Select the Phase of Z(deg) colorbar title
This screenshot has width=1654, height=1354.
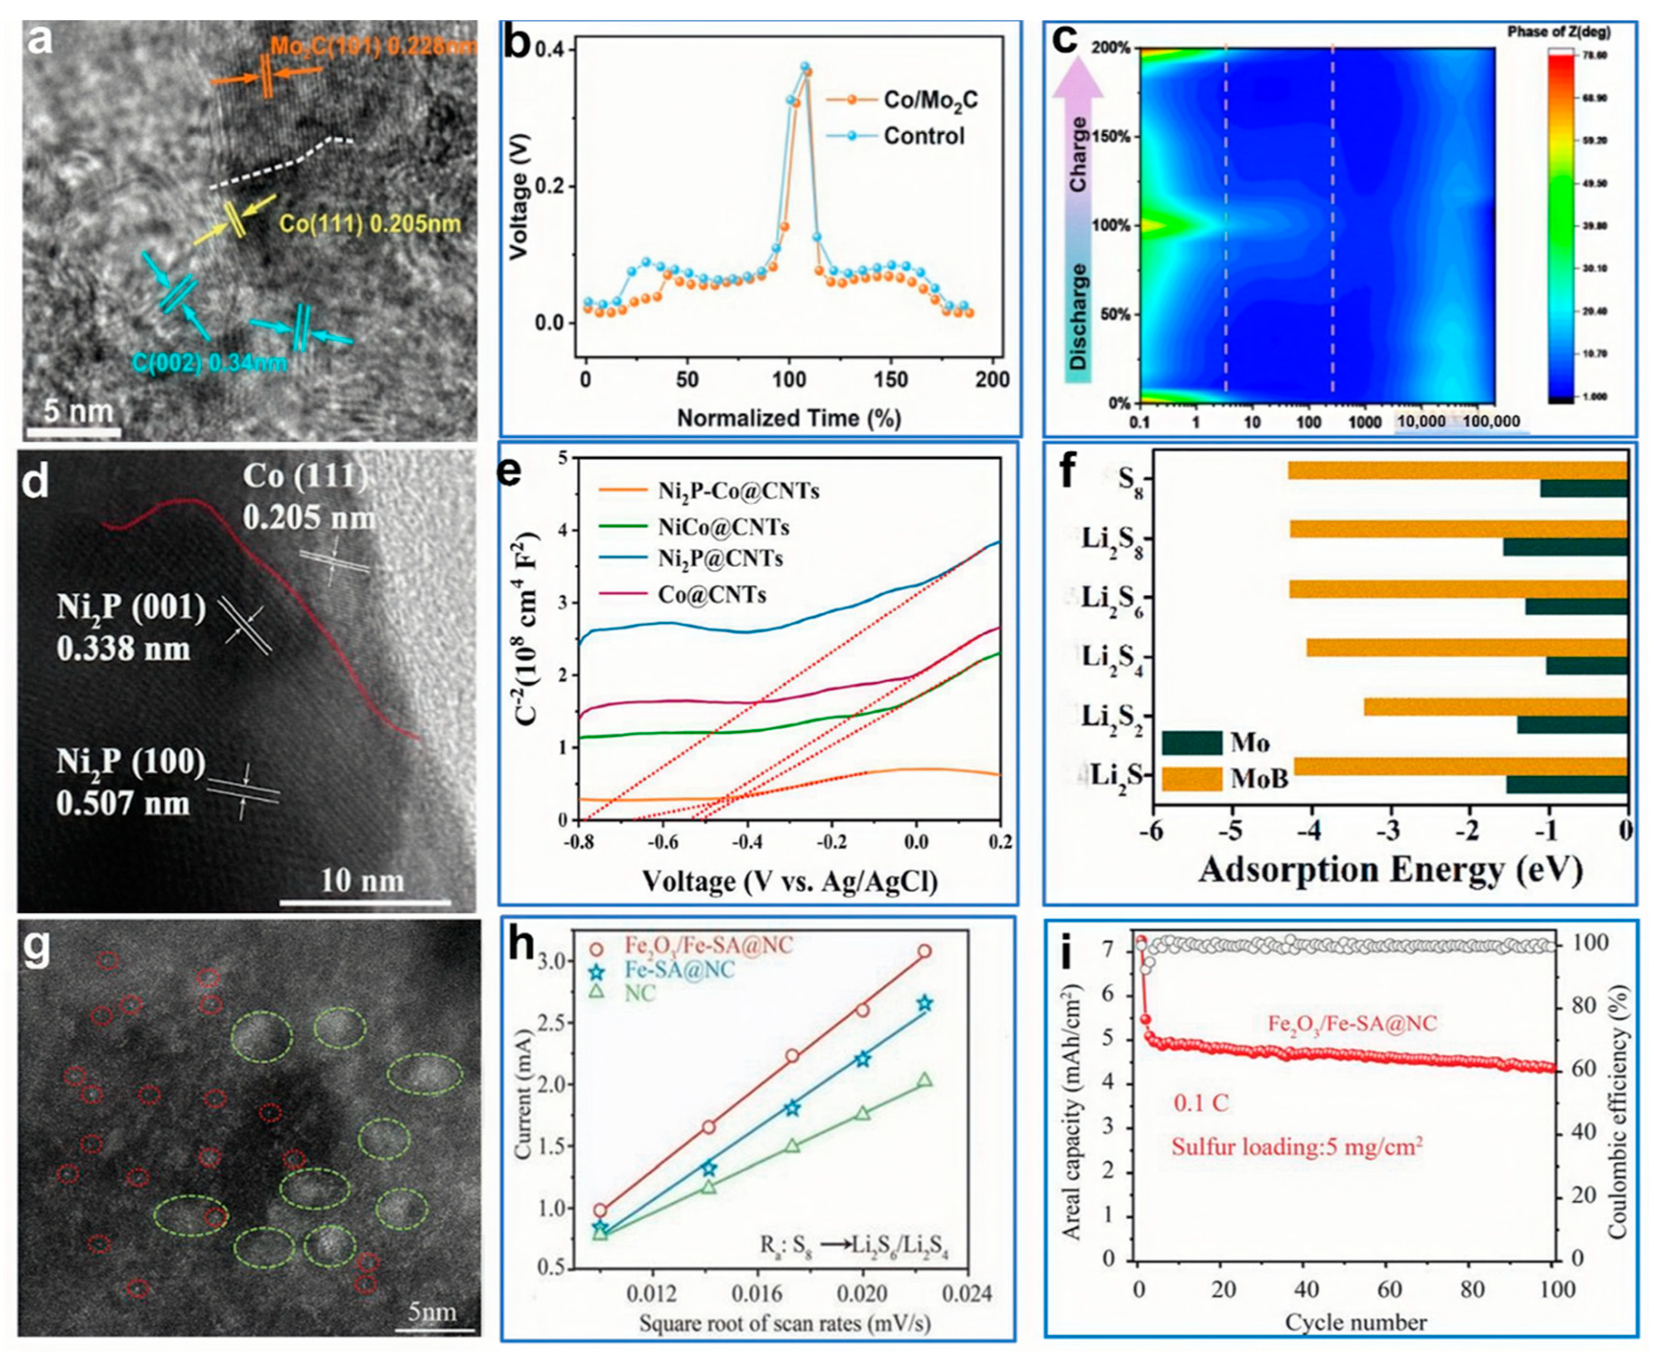tap(1559, 32)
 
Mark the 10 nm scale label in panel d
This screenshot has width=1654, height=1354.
tap(364, 881)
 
